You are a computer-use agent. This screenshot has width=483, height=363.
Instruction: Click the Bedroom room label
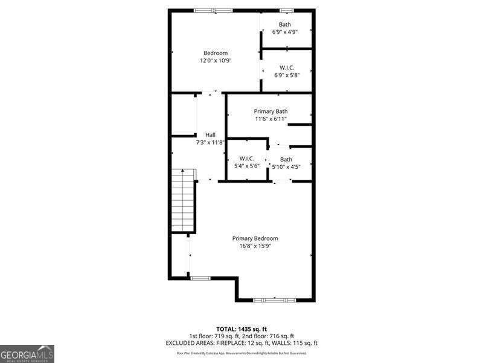(x=215, y=53)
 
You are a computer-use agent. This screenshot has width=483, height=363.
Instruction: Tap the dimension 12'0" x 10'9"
(x=216, y=60)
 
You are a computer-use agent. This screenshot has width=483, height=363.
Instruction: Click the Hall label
(x=210, y=135)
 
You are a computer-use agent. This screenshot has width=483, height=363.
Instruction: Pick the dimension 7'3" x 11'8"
(x=210, y=143)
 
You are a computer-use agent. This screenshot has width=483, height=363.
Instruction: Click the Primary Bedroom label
(x=255, y=238)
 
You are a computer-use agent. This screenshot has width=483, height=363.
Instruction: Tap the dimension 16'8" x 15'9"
(x=255, y=246)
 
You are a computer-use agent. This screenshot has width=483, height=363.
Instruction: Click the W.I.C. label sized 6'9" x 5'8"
(x=287, y=68)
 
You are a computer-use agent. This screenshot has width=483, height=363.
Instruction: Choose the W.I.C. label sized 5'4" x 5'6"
(x=246, y=159)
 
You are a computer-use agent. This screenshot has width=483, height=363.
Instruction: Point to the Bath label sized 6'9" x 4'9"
(x=285, y=24)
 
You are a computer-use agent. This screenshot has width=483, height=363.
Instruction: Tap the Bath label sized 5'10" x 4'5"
(x=286, y=159)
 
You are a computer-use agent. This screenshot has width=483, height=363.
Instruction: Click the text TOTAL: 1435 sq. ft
(x=241, y=329)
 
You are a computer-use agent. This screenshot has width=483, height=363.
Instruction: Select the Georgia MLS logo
(x=27, y=353)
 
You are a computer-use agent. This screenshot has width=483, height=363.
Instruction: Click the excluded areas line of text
(x=241, y=343)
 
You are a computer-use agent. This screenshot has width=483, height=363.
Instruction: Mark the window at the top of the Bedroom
(x=213, y=10)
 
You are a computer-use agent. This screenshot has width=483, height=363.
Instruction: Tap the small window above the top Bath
(x=286, y=10)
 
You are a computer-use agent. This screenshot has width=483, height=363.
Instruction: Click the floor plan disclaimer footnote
(x=241, y=353)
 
